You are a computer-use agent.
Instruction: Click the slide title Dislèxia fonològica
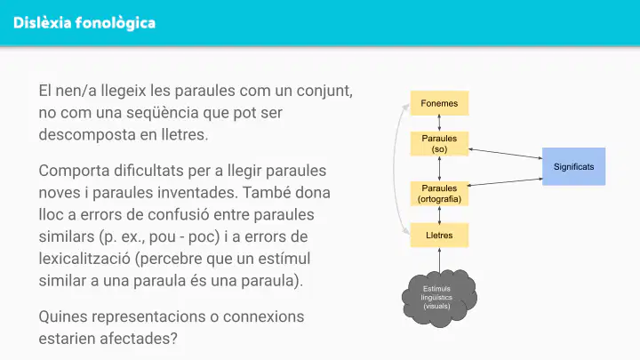84,23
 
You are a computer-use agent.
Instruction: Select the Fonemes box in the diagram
439,103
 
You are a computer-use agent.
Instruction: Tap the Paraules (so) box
439,144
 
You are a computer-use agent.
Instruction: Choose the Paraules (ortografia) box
439,194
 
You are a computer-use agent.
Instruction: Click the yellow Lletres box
439,235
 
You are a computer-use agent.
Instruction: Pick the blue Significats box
573,166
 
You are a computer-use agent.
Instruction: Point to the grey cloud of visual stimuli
439,298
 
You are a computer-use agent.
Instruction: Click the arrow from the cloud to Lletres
439,260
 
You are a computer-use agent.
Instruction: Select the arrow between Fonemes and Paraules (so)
439,124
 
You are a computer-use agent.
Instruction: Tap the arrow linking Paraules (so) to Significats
505,154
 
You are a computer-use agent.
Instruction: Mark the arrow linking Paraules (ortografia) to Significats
505,182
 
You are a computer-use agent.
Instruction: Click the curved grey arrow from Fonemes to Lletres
395,169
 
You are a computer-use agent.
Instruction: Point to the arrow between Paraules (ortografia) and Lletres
439,214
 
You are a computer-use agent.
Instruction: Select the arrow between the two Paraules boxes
439,169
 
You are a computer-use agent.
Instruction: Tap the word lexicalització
84,259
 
